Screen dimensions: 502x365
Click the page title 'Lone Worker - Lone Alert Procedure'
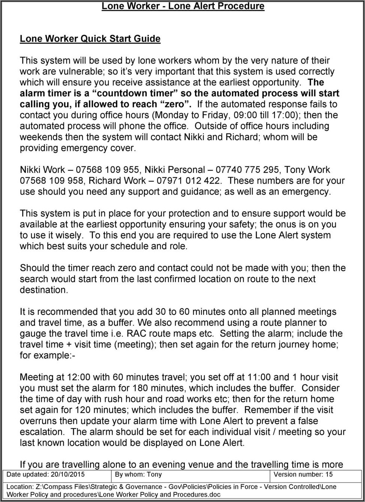pos(183,6)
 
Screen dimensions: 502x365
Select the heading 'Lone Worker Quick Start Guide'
pos(90,39)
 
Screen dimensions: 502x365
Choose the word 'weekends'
pos(39,137)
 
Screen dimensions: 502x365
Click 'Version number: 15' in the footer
pos(303,475)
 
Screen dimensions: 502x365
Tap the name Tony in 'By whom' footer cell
pos(154,475)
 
